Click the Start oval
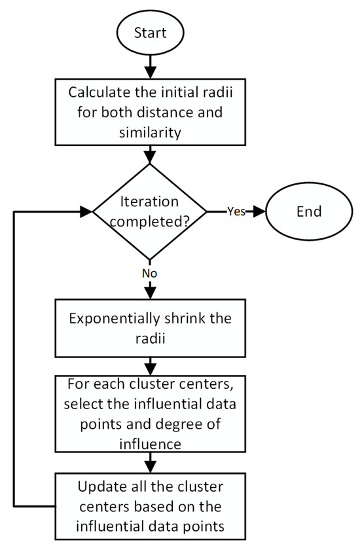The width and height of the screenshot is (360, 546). pos(151,31)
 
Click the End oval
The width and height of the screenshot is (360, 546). pos(308,211)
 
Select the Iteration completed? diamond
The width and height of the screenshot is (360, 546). pos(151,211)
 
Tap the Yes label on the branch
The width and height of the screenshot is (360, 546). pos(236,211)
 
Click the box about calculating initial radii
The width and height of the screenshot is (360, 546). pos(151,112)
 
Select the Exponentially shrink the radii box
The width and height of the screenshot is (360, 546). pos(151,329)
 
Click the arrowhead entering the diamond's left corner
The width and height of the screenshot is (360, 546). pos(86,211)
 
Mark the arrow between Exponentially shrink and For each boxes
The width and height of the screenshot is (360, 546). pos(151,363)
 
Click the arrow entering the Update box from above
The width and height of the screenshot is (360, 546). pos(151,462)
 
